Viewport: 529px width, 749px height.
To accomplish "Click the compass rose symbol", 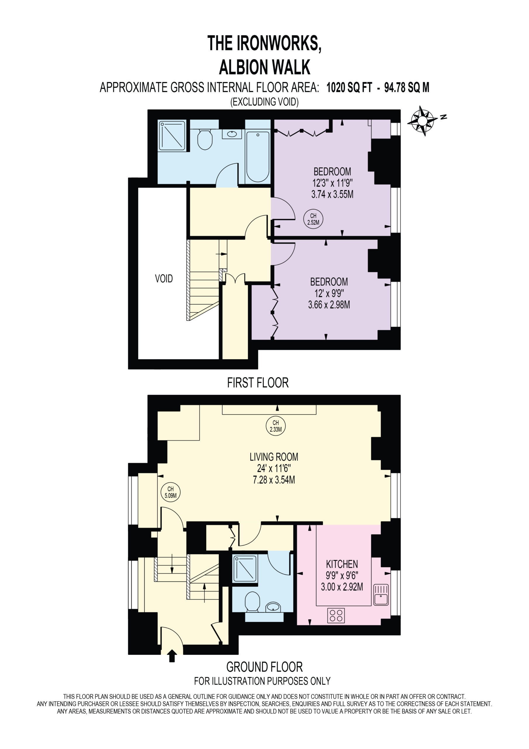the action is (422, 121).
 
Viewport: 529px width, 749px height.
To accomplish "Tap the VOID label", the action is (164, 279).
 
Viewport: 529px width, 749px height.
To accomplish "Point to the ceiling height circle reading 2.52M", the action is (313, 219).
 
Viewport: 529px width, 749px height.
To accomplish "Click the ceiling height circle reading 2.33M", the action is (276, 426).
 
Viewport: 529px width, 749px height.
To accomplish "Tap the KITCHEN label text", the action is (342, 564).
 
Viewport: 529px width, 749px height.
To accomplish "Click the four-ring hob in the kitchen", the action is (336, 615).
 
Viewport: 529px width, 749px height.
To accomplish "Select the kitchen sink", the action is (381, 595).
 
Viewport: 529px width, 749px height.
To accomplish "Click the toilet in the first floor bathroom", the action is (205, 140).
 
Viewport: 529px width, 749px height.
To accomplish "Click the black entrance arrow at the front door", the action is (172, 656).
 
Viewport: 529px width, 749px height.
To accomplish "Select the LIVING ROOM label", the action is (274, 457).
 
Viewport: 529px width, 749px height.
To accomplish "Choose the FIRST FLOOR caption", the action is (258, 383).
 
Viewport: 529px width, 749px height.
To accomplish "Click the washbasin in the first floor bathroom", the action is (232, 134).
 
